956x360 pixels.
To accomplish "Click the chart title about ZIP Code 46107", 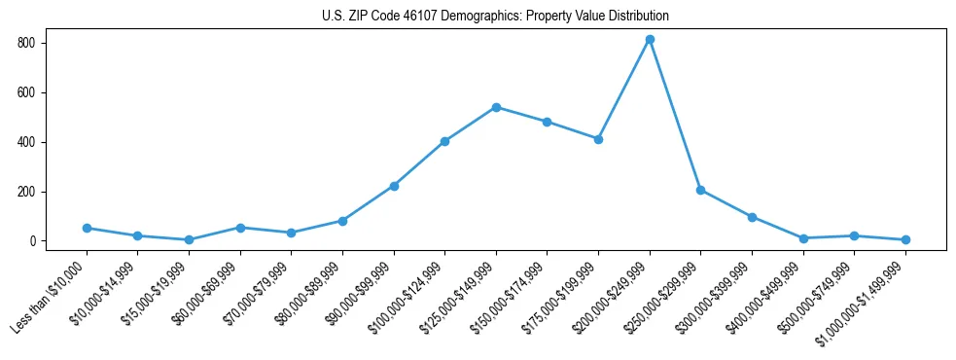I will click(495, 16).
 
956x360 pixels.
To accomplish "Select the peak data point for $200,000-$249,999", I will click(650, 40).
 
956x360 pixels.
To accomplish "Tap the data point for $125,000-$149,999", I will click(496, 107).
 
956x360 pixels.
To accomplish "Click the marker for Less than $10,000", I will click(87, 228).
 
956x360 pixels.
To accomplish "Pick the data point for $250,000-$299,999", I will click(700, 190).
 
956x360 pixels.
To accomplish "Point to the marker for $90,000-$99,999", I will click(394, 186).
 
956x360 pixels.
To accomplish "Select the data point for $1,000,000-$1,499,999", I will click(905, 239).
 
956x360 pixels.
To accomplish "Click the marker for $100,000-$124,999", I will click(444, 141).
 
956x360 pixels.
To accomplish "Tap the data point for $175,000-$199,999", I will click(598, 139).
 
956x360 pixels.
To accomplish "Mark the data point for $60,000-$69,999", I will click(240, 228).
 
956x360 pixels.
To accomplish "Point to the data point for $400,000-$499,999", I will click(803, 238).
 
